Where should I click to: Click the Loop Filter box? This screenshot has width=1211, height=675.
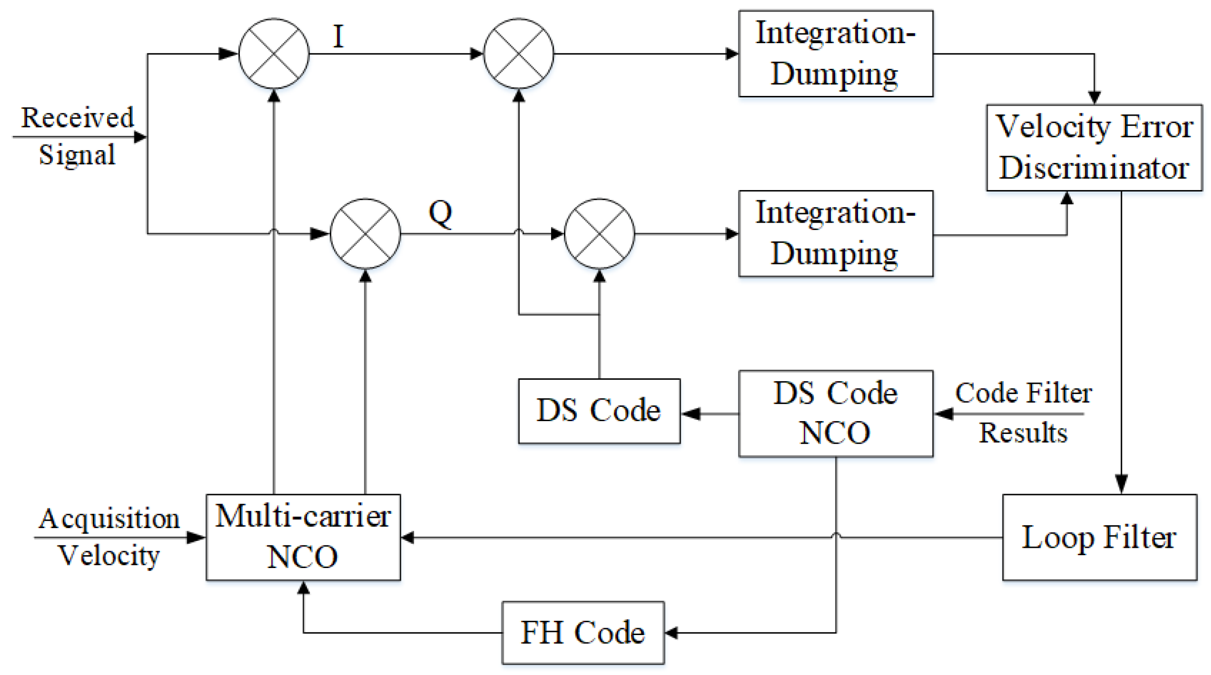1099,537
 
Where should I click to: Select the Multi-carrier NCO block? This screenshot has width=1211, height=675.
303,537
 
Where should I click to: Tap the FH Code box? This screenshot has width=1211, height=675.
583,633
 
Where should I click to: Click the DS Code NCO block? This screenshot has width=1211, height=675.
836,413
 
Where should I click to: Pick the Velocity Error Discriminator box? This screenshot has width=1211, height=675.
1094,147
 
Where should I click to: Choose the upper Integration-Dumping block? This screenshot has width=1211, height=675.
836,54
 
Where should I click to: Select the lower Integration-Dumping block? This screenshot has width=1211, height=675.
836,233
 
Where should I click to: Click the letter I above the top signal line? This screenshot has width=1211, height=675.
338,37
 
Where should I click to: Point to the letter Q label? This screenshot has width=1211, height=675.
440,213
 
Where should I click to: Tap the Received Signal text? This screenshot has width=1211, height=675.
78,136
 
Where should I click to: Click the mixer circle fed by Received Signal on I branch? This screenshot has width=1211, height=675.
274,54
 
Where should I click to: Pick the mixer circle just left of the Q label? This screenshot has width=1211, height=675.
365,233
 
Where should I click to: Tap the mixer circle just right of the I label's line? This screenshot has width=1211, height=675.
518,54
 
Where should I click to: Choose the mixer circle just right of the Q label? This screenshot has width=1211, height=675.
599,233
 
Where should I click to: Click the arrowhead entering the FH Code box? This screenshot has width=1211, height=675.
671,633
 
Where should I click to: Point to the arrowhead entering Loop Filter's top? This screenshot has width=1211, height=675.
1122,485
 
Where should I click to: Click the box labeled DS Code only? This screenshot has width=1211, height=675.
599,411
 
